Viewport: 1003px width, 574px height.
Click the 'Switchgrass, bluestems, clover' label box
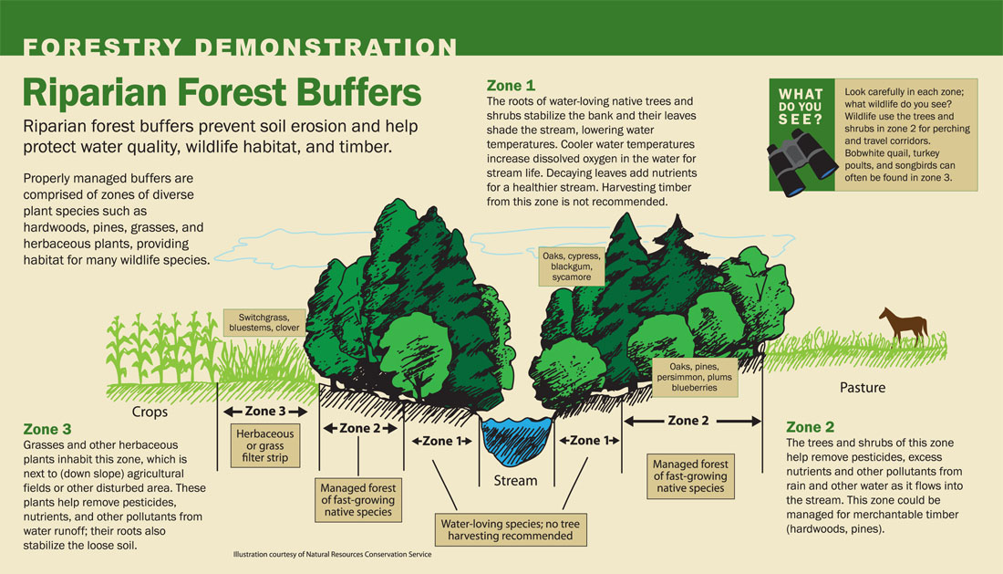263,322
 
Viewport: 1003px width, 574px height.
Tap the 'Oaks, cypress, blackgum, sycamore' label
572,266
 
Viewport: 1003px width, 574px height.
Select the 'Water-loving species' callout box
510,529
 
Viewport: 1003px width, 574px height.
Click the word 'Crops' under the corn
150,412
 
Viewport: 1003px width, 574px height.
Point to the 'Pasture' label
862,388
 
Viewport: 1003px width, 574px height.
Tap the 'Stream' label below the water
515,480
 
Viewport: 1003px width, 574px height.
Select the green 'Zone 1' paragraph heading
511,86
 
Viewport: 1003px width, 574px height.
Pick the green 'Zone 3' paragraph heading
47,428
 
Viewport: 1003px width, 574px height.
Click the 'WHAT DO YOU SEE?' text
800,107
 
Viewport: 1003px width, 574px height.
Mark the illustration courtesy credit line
332,554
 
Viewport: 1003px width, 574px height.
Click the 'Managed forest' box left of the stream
358,498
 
